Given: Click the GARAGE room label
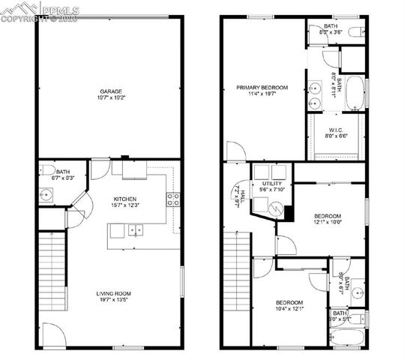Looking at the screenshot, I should click(x=110, y=91).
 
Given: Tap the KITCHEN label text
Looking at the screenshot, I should click(x=124, y=199).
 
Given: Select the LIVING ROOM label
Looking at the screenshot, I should click(x=113, y=293).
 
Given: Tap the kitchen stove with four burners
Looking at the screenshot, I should click(x=173, y=199).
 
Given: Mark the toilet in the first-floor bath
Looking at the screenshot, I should click(x=45, y=169).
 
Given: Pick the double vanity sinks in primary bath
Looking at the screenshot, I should click(x=316, y=94).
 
